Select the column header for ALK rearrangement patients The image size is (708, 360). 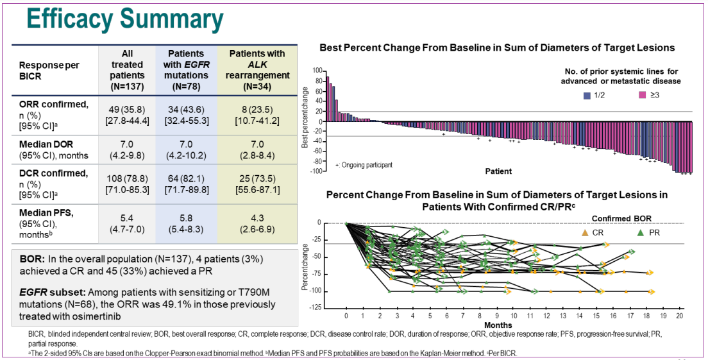point(259,69)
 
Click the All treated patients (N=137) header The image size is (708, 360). point(127,69)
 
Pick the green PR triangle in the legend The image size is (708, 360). point(641,232)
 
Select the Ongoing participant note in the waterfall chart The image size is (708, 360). point(365,165)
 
